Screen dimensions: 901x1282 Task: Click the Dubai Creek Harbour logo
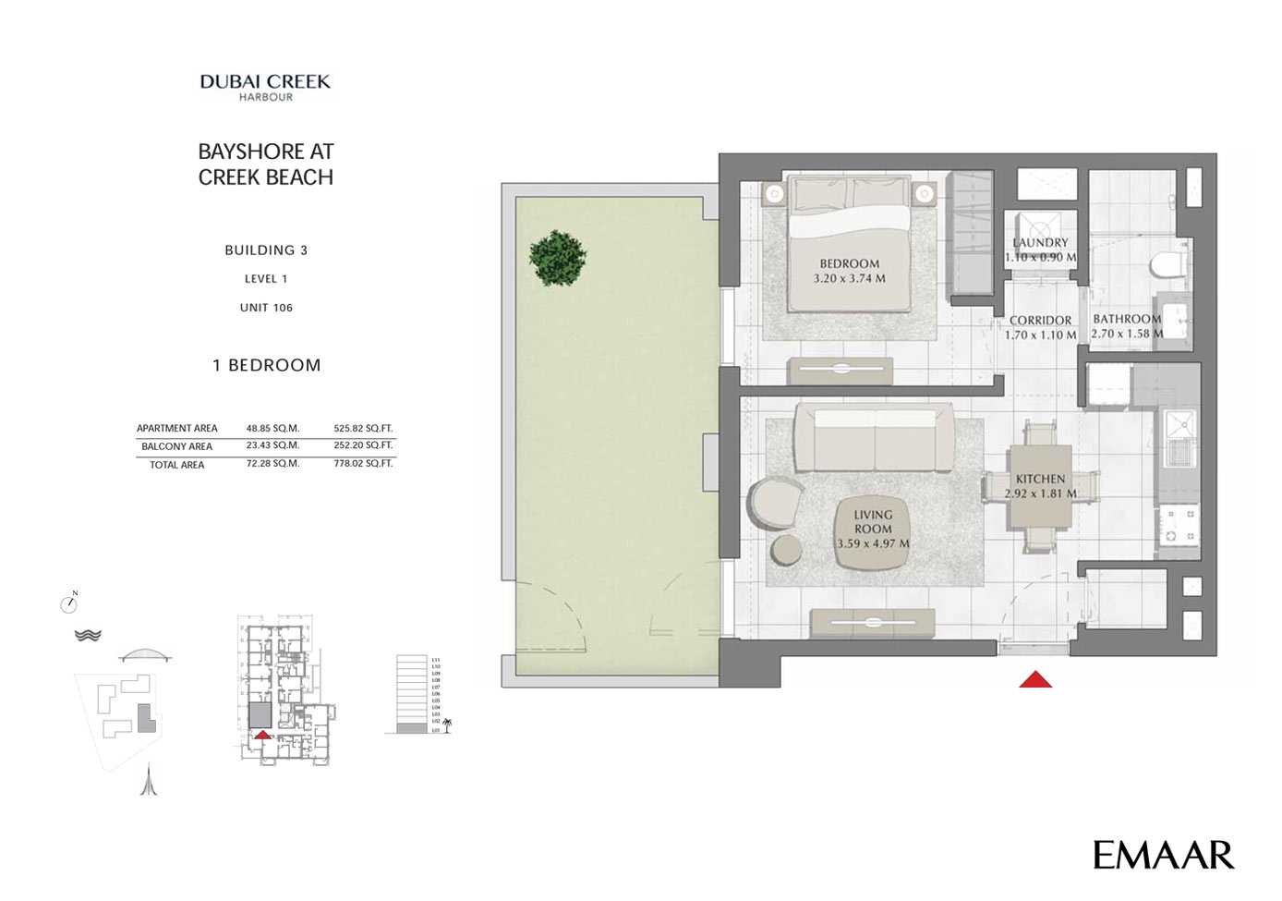pyautogui.click(x=265, y=87)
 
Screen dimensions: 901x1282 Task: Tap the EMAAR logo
pyautogui.click(x=1163, y=855)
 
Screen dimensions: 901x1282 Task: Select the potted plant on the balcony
pyautogui.click(x=557, y=257)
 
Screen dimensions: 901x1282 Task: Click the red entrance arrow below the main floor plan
pyautogui.click(x=1034, y=679)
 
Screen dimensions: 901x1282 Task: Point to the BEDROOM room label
pyautogui.click(x=849, y=263)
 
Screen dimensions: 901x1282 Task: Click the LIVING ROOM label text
pyautogui.click(x=873, y=522)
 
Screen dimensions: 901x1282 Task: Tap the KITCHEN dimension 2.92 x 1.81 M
pyautogui.click(x=1040, y=493)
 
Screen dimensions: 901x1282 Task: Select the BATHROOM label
pyautogui.click(x=1126, y=319)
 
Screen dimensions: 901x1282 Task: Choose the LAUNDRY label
pyautogui.click(x=1040, y=242)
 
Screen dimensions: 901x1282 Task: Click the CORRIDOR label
pyautogui.click(x=1040, y=321)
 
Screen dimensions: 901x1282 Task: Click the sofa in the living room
pyautogui.click(x=874, y=438)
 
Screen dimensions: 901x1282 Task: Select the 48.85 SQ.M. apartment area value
pyautogui.click(x=272, y=428)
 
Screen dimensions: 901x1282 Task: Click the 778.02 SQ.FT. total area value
pyautogui.click(x=363, y=464)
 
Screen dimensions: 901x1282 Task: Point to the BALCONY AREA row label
pyautogui.click(x=176, y=446)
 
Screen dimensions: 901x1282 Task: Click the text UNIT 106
pyautogui.click(x=266, y=308)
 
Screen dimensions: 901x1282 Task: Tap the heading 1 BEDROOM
pyautogui.click(x=266, y=365)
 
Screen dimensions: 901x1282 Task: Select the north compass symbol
pyautogui.click(x=69, y=603)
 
